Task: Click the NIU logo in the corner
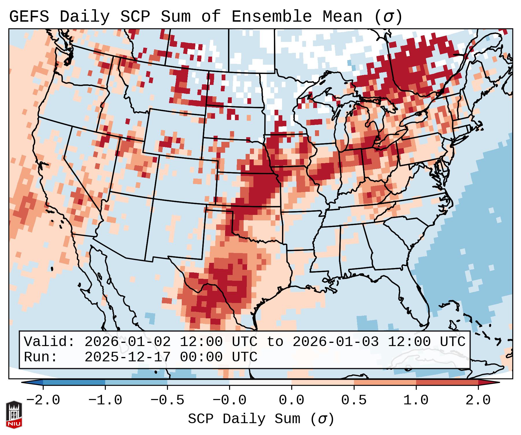[x=14, y=414]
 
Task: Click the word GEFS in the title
[x=29, y=17]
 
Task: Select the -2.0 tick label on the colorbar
[x=43, y=400]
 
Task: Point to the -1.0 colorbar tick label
[x=105, y=400]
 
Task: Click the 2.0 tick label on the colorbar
[x=478, y=400]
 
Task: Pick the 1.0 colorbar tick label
[x=416, y=400]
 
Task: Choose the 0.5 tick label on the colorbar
[x=354, y=400]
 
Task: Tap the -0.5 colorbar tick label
[x=167, y=400]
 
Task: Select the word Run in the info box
[x=40, y=357]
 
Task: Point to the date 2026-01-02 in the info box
[x=127, y=342]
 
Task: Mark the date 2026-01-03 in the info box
[x=335, y=342]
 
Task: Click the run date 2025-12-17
[x=127, y=357]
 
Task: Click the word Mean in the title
[x=342, y=17]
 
